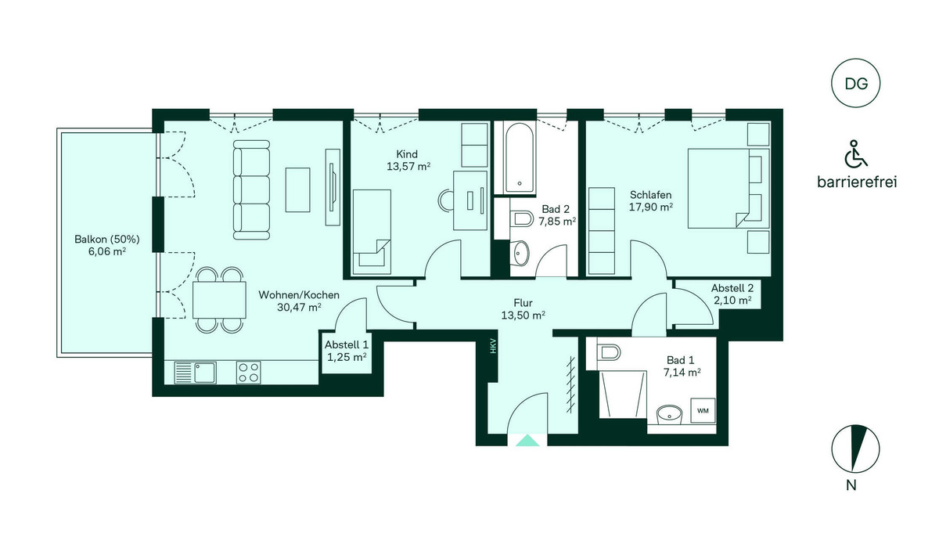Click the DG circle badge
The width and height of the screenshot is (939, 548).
(855, 84)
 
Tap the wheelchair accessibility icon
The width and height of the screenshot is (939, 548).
(855, 154)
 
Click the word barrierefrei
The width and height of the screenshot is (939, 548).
(857, 182)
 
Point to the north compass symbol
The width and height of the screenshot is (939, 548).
(855, 449)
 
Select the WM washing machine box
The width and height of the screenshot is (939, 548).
(703, 411)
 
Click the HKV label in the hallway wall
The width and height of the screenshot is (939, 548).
(493, 346)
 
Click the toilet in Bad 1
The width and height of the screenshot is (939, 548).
(607, 352)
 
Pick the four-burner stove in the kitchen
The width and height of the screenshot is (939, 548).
(248, 373)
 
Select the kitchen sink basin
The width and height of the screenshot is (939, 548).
(205, 373)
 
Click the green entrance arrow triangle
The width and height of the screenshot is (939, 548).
(527, 440)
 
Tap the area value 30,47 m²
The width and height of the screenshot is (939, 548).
(299, 308)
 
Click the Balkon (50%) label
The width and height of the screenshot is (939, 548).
(107, 240)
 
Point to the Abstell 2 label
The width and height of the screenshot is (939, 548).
(732, 288)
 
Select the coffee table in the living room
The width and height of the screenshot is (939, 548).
(297, 189)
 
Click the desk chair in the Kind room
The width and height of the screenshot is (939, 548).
(445, 200)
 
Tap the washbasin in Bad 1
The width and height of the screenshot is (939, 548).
(670, 414)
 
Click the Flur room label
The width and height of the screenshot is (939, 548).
(523, 303)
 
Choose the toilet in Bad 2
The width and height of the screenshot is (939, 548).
(521, 218)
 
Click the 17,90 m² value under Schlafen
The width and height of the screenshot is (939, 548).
(651, 207)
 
